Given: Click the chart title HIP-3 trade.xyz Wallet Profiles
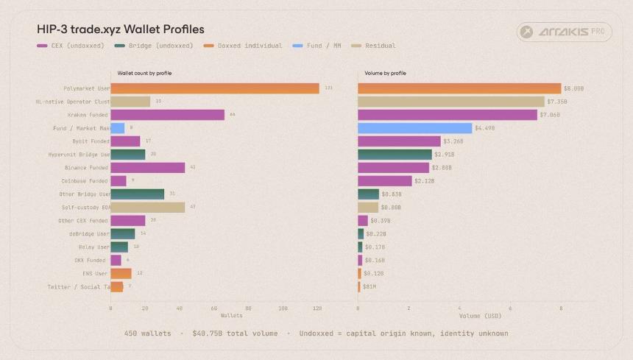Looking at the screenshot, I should [x=120, y=29].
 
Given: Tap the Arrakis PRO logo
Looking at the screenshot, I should [x=564, y=32].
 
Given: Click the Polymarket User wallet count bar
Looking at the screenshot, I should [x=215, y=88].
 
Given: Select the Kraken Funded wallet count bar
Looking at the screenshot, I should [x=168, y=115].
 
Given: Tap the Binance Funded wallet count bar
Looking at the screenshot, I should [x=148, y=168].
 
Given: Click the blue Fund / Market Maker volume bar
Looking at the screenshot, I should [x=414, y=128].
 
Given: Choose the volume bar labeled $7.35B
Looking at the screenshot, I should [x=450, y=102].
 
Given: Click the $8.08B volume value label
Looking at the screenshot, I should [x=573, y=88].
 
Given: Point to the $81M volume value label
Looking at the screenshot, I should [x=369, y=286].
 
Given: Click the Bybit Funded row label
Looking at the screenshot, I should [x=90, y=141].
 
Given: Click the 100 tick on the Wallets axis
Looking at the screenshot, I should [x=283, y=308].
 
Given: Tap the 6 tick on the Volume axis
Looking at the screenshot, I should [x=510, y=308].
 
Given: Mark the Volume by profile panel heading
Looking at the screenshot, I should [x=385, y=73].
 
